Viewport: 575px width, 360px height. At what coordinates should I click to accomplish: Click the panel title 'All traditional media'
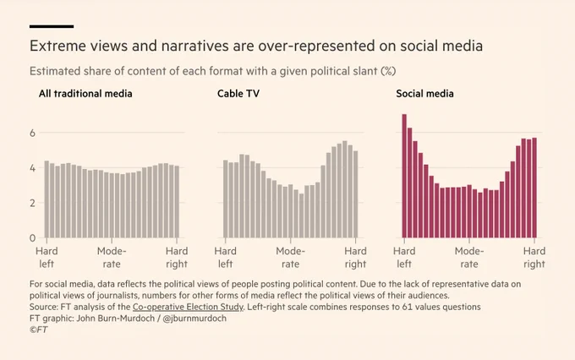point(85,94)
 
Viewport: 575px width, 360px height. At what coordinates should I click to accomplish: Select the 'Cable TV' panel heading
point(238,94)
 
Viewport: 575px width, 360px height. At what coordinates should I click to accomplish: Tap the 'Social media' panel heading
point(424,94)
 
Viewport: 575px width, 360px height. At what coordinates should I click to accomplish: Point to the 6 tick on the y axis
point(33,133)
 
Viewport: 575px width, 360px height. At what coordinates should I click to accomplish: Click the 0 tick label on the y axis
point(33,238)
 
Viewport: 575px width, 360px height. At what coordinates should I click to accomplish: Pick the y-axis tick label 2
point(33,203)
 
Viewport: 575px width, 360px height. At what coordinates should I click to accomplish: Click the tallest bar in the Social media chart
point(404,176)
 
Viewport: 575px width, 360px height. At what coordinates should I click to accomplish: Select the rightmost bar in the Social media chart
point(534,188)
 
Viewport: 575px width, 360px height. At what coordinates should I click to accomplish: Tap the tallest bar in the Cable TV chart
point(345,189)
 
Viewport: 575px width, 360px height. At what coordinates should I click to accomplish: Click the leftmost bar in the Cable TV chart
point(226,199)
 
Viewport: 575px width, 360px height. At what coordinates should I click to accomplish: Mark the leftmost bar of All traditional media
point(47,199)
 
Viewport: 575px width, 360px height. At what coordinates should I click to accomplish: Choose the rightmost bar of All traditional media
point(177,202)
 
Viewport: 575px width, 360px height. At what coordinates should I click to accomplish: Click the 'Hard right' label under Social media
point(534,258)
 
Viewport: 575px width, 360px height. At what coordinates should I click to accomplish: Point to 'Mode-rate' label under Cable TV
point(290,258)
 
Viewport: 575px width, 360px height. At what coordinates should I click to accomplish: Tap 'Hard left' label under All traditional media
point(47,258)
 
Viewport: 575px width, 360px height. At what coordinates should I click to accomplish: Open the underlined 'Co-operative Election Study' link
point(188,307)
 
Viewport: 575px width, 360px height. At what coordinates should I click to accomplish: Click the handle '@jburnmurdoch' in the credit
point(194,319)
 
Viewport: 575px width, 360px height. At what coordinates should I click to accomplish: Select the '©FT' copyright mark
point(39,330)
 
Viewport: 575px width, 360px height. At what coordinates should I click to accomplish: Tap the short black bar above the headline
point(52,26)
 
